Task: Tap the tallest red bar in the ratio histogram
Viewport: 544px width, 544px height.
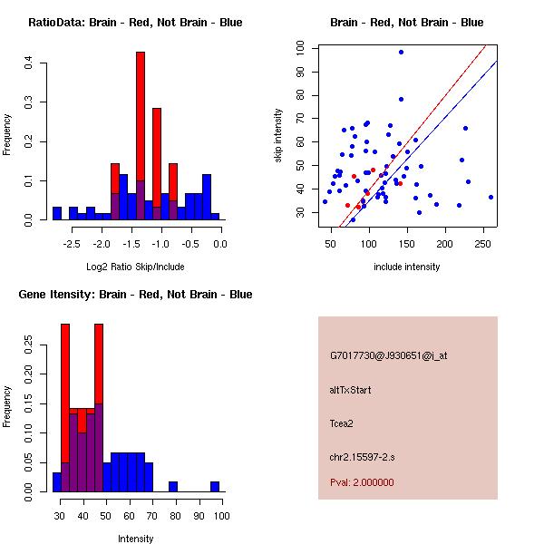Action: coord(141,136)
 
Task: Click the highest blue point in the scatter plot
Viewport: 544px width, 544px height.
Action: coord(401,52)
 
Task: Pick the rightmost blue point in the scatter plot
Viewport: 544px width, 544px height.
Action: coord(491,197)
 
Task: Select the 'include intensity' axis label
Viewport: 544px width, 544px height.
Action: coord(406,267)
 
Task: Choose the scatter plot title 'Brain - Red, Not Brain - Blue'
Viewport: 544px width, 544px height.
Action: coord(406,23)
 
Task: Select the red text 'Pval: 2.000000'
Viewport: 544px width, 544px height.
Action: coord(362,482)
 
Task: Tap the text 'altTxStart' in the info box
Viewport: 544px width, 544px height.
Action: coord(351,390)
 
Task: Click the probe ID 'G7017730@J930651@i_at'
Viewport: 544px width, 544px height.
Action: coord(389,355)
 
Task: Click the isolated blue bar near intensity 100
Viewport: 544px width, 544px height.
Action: coord(216,487)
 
